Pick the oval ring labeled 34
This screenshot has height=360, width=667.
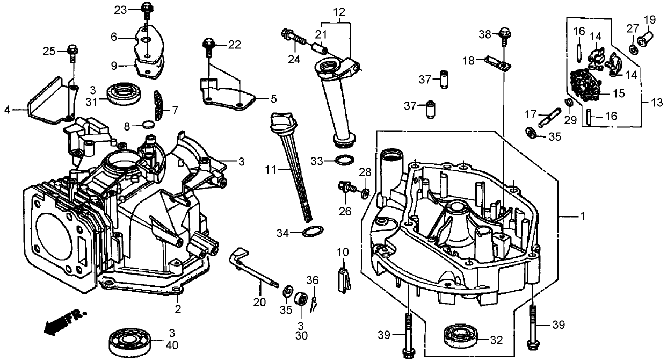[313, 232]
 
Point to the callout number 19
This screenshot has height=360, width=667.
[650, 20]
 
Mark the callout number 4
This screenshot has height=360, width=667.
[7, 110]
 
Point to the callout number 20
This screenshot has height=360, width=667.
[260, 303]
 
